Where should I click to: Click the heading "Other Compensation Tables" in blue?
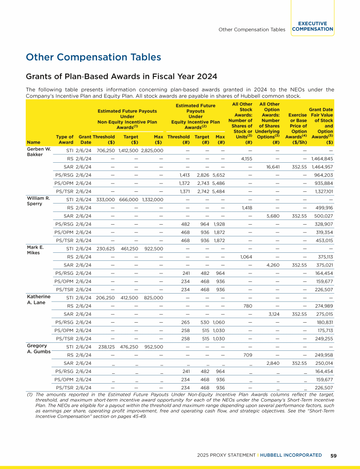click(x=94, y=57)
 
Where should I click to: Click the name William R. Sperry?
click(x=38, y=201)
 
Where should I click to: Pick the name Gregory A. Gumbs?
click(x=38, y=348)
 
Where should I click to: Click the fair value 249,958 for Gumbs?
click(x=322, y=355)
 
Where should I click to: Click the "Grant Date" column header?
click(x=85, y=139)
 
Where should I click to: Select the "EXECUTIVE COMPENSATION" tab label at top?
click(x=312, y=26)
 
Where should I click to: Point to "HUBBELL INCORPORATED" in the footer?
click(x=293, y=455)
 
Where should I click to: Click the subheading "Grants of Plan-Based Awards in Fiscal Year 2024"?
click(x=121, y=76)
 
